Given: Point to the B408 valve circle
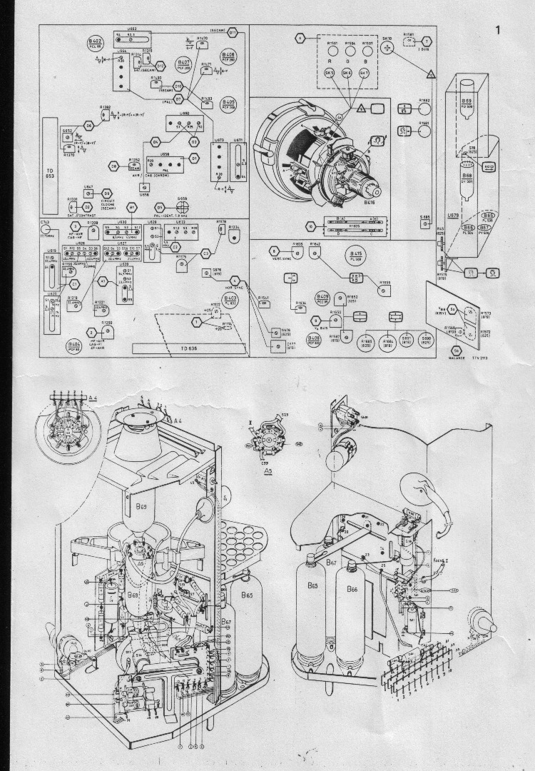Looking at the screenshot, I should [229, 56].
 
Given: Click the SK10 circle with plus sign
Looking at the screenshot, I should [388, 46].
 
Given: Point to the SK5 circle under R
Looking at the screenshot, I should [330, 73].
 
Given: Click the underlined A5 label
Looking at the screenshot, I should [268, 472].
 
